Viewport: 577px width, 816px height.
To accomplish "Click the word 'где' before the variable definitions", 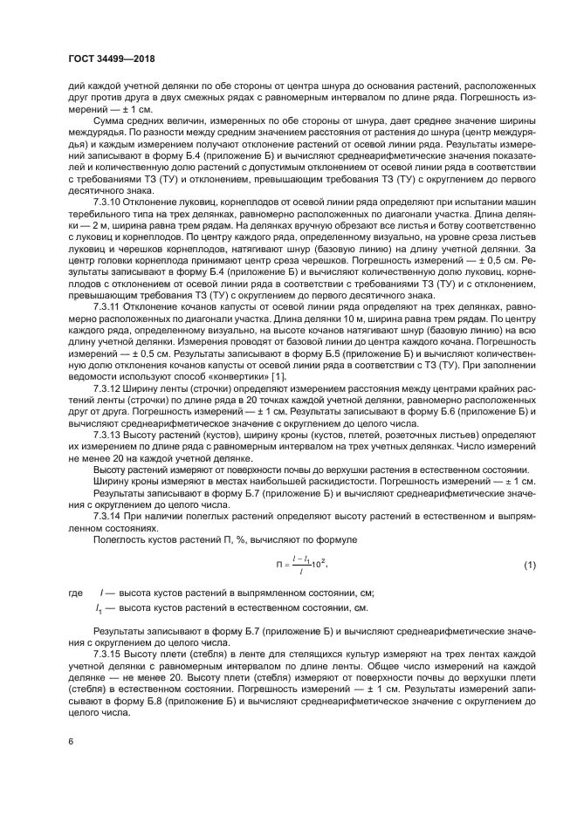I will coord(77,593).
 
